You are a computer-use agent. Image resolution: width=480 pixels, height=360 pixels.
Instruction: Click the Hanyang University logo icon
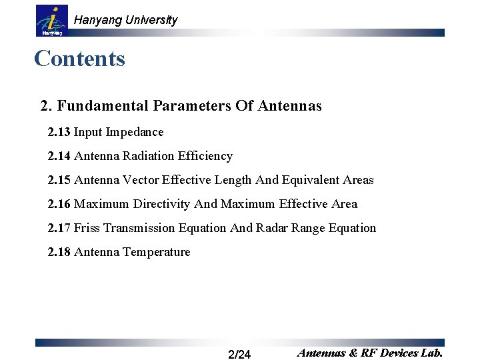tap(51, 21)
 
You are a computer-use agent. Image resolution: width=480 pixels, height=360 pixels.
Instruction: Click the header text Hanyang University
tap(125, 20)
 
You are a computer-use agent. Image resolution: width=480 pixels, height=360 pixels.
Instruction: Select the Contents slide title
tap(79, 59)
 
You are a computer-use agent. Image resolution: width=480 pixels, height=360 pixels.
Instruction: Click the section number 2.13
tap(59, 132)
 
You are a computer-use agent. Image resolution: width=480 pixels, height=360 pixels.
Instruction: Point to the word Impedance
tap(137, 132)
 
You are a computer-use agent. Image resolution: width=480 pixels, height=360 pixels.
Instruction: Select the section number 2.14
tap(59, 156)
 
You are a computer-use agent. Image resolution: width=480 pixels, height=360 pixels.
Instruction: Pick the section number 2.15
tap(59, 180)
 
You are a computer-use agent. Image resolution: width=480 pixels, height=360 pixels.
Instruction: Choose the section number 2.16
tap(59, 204)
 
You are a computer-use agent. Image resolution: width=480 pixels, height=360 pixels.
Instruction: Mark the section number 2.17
tap(59, 228)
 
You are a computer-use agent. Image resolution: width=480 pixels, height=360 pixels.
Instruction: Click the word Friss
tap(87, 228)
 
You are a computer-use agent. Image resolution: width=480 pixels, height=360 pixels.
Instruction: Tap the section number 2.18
tap(59, 252)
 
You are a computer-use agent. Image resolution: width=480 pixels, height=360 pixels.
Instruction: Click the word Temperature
tap(157, 252)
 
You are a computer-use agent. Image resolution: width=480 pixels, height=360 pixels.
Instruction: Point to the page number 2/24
tap(239, 354)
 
